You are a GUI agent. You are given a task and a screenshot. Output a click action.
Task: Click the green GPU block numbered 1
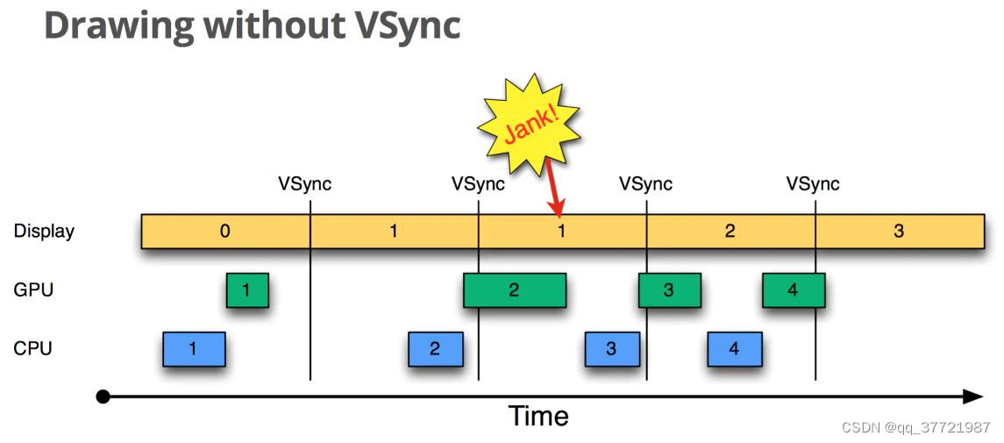click(x=247, y=290)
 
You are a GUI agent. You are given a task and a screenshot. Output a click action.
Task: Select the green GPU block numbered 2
click(x=515, y=290)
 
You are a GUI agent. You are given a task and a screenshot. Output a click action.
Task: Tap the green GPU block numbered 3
click(x=668, y=290)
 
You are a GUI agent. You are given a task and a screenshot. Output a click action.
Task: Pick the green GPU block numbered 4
click(x=794, y=290)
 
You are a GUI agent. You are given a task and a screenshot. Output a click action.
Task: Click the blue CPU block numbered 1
click(x=194, y=349)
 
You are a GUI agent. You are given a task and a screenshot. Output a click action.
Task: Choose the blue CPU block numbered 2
click(x=436, y=349)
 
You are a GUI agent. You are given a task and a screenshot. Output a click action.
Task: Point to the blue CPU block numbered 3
click(x=611, y=349)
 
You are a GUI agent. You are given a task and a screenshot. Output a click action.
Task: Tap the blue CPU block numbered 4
click(x=735, y=349)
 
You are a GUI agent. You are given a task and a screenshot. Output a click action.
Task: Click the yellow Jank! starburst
click(x=530, y=125)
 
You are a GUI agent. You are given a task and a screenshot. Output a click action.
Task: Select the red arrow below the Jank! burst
click(x=554, y=188)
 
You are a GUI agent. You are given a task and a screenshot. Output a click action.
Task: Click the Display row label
click(x=44, y=231)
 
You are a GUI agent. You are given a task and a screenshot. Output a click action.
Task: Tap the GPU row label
click(x=33, y=290)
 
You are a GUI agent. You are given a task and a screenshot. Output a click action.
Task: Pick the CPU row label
click(x=32, y=349)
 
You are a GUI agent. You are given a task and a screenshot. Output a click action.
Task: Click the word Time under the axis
click(x=538, y=416)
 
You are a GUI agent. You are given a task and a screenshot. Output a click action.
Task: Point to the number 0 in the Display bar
click(x=224, y=231)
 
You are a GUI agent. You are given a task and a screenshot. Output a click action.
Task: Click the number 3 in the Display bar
click(x=899, y=231)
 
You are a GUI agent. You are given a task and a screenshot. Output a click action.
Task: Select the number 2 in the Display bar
click(x=730, y=231)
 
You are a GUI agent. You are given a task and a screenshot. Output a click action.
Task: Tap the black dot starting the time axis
click(x=103, y=397)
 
